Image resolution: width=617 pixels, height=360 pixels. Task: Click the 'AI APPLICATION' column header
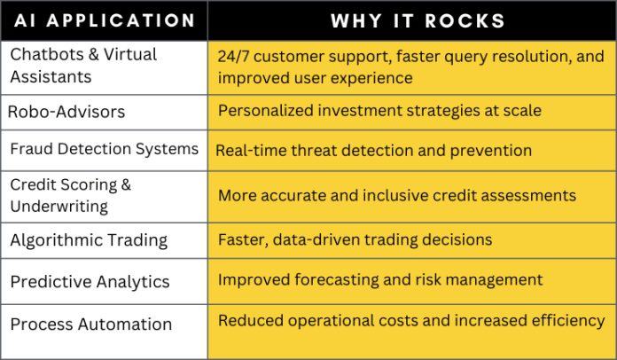[105, 20]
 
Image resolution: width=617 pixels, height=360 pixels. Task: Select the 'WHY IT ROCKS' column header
[418, 21]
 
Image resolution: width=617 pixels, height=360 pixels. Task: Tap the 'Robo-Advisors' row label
[66, 112]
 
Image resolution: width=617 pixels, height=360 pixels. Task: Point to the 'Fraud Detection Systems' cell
[105, 149]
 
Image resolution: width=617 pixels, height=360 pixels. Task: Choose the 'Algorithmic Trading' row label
[89, 240]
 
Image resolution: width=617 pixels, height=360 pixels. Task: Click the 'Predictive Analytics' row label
[90, 282]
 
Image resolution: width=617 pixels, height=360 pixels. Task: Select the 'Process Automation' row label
[91, 325]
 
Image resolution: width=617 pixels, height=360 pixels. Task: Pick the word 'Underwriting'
[59, 207]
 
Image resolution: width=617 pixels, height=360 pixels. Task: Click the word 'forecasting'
[337, 280]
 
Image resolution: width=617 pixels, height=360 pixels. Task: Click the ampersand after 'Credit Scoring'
[126, 184]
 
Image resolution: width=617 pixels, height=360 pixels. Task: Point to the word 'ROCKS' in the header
[465, 21]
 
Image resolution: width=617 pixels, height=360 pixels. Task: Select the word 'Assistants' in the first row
[51, 77]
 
